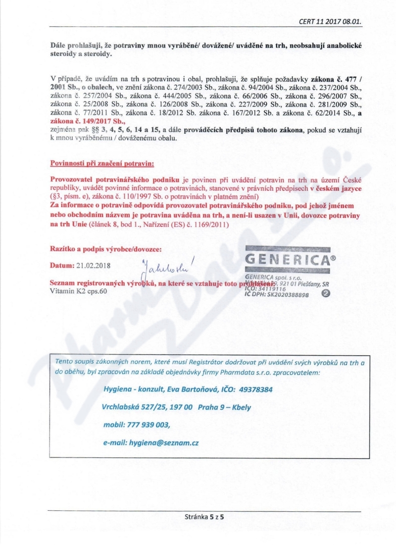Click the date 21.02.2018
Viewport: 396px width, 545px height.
pos(94,265)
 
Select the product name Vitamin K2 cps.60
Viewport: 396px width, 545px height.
pos(78,291)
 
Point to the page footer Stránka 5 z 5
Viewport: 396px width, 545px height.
pos(204,517)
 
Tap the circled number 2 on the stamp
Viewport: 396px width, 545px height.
pos(326,293)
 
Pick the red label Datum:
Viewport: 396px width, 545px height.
pos(62,265)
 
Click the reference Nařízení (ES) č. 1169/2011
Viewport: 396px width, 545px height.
pos(188,224)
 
